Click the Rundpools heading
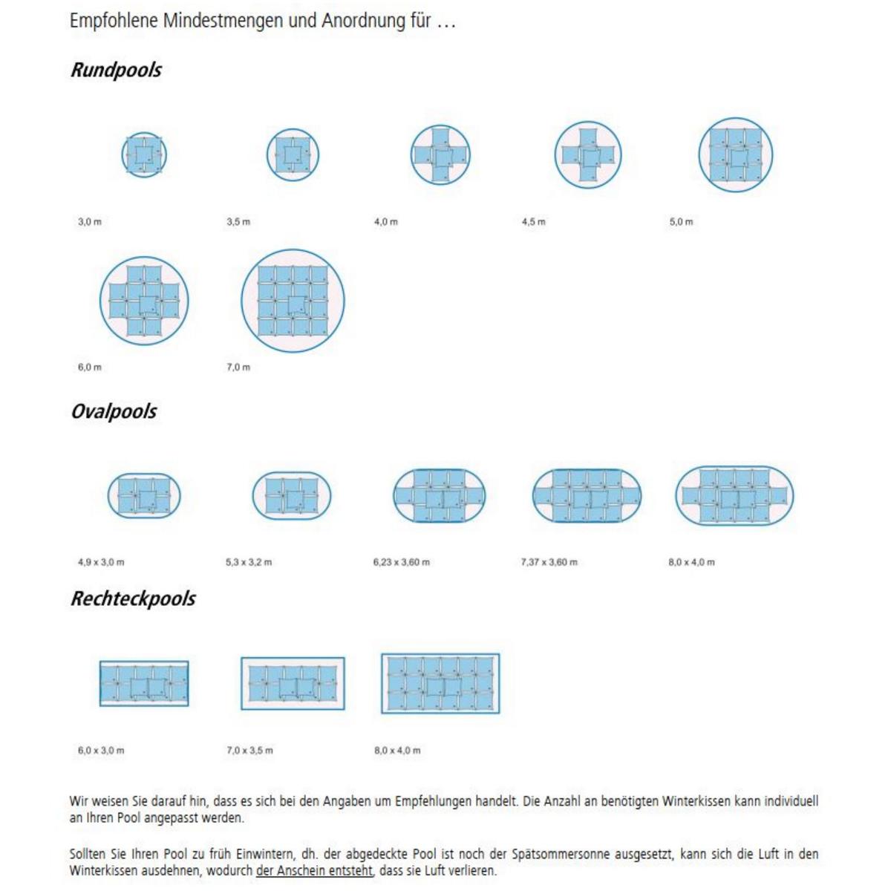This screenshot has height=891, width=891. pos(116,71)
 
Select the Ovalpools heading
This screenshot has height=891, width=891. pos(114,411)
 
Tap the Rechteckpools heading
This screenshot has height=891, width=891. pos(133,598)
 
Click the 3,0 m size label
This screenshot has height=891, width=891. pos(90,222)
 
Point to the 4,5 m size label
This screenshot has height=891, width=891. pos(533,222)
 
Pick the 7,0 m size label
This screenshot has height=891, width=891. pos(238,368)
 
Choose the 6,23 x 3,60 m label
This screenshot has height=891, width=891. pos(401,562)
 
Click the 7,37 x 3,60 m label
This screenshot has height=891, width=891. pos(549,562)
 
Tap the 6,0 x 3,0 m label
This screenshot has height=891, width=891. pos(101,751)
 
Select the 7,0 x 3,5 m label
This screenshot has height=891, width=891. pos(249,751)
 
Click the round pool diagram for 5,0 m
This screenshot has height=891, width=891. pos(735,155)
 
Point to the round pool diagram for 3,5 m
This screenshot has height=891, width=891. pos(293,155)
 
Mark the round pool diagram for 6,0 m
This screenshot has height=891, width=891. pos(144,301)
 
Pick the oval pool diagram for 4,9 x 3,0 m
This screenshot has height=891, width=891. pos(144,496)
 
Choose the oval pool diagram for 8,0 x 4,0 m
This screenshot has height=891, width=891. pos(734,496)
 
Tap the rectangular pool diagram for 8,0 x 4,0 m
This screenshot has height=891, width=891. pos(440,684)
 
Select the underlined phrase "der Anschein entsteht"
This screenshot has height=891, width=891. pos(314,871)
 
